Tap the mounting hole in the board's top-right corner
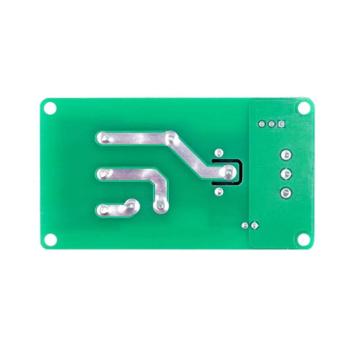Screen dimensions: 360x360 (x=304, y=108)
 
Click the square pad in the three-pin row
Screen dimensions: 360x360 (x=281, y=124)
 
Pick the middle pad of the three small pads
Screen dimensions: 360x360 (x=271, y=124)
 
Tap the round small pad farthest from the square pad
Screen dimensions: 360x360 (x=261, y=124)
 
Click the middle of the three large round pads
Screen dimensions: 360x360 (x=285, y=174)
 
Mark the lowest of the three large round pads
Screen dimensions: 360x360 (x=285, y=193)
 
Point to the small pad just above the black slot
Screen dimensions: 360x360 (x=219, y=153)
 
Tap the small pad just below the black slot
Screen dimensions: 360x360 (x=219, y=192)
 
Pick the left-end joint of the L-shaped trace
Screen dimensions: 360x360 (x=103, y=173)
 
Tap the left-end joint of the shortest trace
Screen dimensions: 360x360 (x=103, y=209)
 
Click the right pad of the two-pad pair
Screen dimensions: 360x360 (x=255, y=225)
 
